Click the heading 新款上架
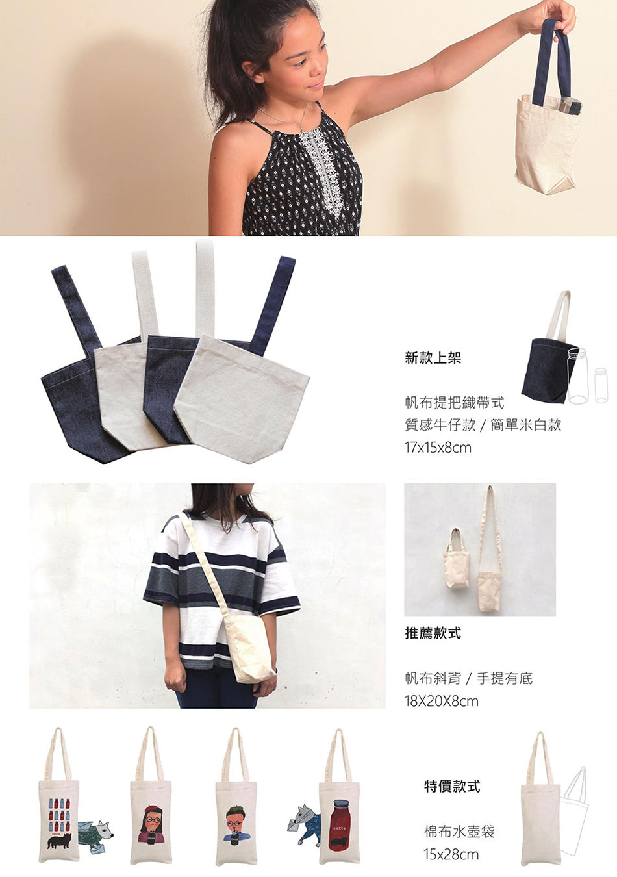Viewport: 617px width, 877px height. pyautogui.click(x=433, y=358)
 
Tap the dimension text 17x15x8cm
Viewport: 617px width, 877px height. pyautogui.click(x=438, y=447)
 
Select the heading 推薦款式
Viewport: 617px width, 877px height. pyautogui.click(x=433, y=633)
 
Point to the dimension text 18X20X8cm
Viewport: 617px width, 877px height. pyautogui.click(x=441, y=701)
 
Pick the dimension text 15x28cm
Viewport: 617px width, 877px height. pyautogui.click(x=451, y=854)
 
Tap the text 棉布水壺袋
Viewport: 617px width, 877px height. pyautogui.click(x=459, y=831)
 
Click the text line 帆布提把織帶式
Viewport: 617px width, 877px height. pyautogui.click(x=454, y=403)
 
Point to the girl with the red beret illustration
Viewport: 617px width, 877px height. pyautogui.click(x=150, y=819)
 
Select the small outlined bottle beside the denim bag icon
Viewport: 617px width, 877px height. pyautogui.click(x=601, y=385)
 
